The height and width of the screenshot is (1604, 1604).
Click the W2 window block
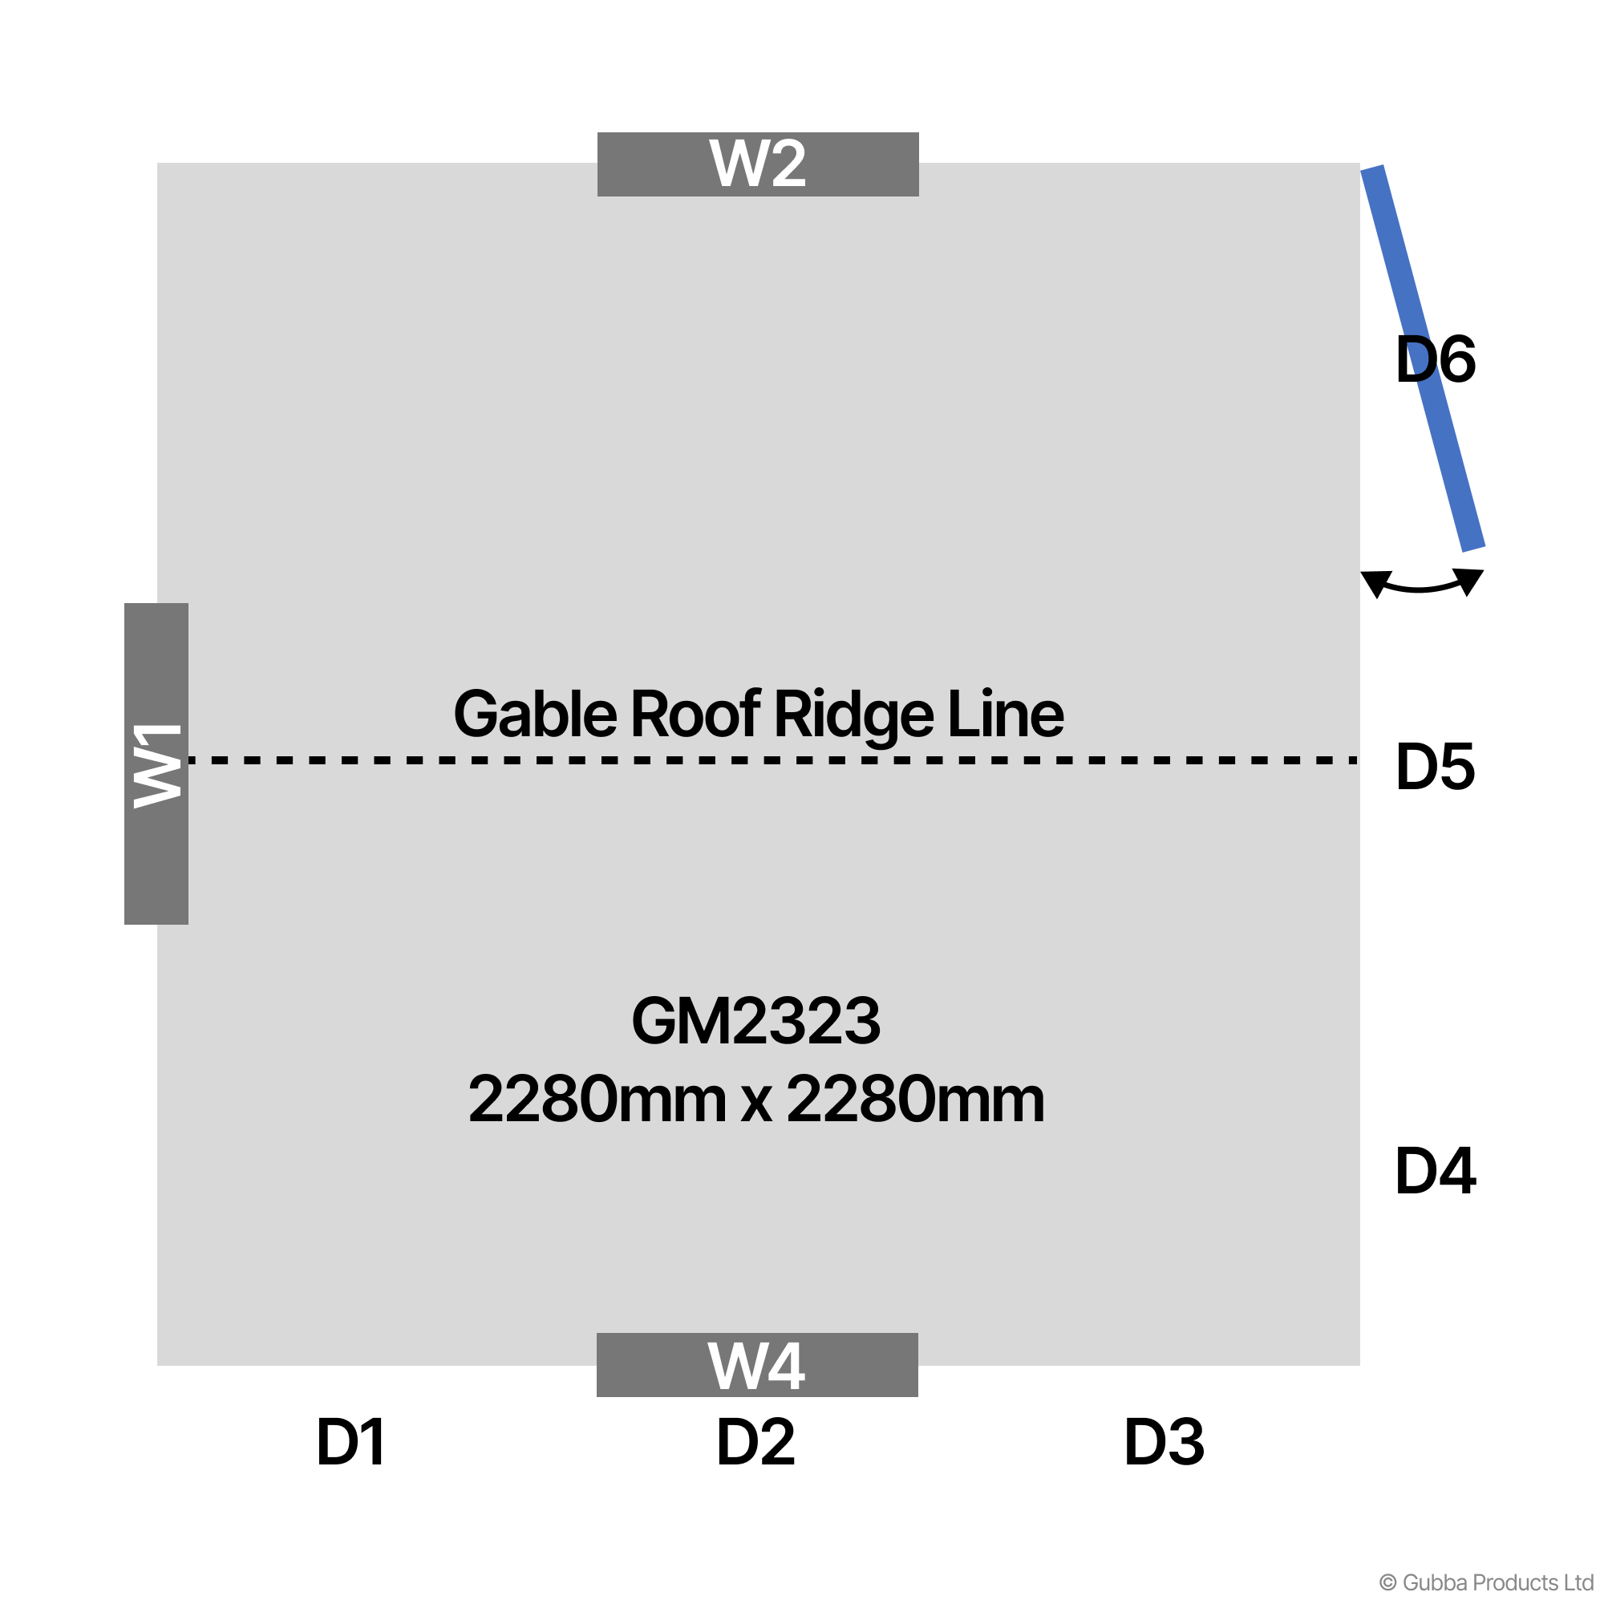pyautogui.click(x=758, y=164)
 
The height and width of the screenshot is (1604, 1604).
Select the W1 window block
pyautogui.click(x=156, y=764)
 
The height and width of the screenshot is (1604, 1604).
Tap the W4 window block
pyautogui.click(x=757, y=1365)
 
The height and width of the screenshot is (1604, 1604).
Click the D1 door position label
pyautogui.click(x=350, y=1442)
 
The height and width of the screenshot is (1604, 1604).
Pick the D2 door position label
pyautogui.click(x=755, y=1442)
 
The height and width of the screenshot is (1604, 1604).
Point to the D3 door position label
pyautogui.click(x=1164, y=1442)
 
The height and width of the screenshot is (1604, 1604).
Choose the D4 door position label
pyautogui.click(x=1436, y=1172)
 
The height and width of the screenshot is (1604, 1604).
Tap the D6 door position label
pyautogui.click(x=1436, y=359)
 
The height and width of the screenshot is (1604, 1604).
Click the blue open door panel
pyautogui.click(x=1422, y=358)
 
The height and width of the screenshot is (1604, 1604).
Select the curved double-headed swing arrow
pyautogui.click(x=1422, y=583)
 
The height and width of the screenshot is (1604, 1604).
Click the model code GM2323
pyautogui.click(x=756, y=1021)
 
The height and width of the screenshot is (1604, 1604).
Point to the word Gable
pyautogui.click(x=536, y=714)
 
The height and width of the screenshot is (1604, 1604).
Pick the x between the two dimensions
pyautogui.click(x=756, y=1105)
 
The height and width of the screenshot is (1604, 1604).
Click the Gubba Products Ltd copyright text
pyautogui.click(x=1486, y=1582)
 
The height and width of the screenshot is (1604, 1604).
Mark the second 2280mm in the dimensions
pyautogui.click(x=916, y=1100)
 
